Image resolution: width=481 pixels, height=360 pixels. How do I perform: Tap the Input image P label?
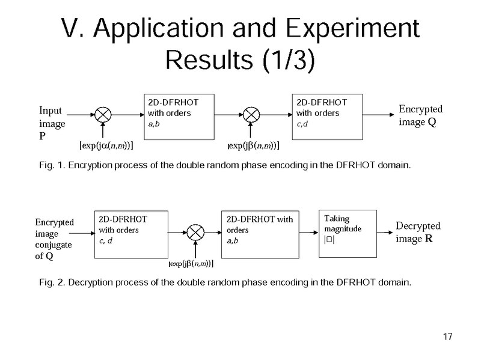coord(52,123)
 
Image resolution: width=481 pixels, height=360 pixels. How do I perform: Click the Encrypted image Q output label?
coord(420,115)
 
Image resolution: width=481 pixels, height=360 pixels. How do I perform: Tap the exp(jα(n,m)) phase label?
coord(106,145)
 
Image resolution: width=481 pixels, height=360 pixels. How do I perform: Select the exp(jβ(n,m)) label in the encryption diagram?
coord(252,145)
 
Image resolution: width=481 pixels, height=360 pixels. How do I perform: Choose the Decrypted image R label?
coord(418,233)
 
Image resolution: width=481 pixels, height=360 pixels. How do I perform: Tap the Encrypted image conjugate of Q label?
coord(55,240)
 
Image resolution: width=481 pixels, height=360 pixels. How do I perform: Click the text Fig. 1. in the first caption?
coord(51,165)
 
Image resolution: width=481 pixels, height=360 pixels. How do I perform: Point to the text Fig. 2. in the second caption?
coord(51,282)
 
